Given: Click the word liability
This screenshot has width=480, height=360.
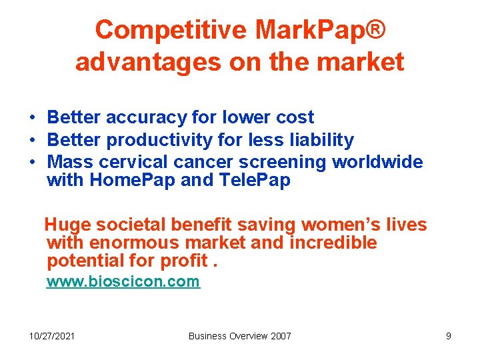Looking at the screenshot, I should (x=320, y=140).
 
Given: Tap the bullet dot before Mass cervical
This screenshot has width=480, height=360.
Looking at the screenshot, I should (x=32, y=163).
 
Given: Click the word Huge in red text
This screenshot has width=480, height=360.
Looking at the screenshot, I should (x=66, y=225).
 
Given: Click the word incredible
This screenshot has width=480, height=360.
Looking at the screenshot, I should (x=333, y=243).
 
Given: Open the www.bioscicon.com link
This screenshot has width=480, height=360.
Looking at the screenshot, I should (x=123, y=281).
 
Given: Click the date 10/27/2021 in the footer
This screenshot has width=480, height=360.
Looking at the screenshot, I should (x=52, y=336).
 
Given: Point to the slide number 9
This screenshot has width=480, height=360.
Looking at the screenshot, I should (x=449, y=336).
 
